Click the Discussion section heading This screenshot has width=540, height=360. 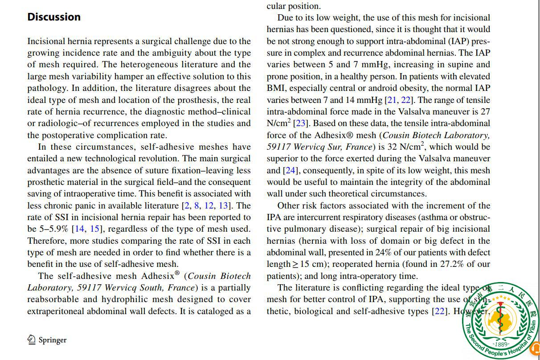[x=54, y=17]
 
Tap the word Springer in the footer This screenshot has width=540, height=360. [x=53, y=340]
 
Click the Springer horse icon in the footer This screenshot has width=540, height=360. [x=32, y=340]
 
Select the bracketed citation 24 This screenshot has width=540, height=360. [x=290, y=170]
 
